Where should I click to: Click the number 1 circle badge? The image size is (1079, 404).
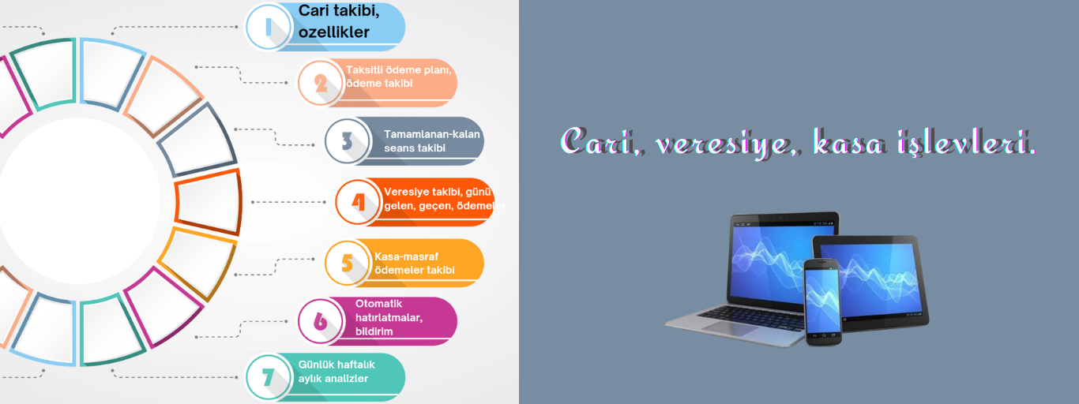tap(269, 27)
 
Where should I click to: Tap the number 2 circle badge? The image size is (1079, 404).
tap(321, 83)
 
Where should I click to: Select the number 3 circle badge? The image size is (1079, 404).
tap(348, 141)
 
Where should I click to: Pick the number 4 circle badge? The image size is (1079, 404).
tap(358, 202)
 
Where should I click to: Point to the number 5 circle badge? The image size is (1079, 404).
tap(348, 263)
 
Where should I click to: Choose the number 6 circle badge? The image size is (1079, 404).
tap(321, 321)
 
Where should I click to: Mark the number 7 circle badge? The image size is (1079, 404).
tap(269, 377)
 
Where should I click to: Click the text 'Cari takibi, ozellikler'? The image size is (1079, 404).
tap(339, 21)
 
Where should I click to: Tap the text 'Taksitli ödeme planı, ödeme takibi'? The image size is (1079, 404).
tap(398, 77)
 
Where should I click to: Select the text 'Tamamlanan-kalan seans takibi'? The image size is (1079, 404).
tap(432, 141)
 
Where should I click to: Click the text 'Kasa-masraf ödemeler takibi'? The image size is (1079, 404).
tap(414, 263)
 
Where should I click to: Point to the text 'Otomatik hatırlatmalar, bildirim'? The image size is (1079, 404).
tap(389, 317)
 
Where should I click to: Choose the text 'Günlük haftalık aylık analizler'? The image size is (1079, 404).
tap(336, 372)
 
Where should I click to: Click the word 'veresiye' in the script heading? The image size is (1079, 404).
tap(724, 143)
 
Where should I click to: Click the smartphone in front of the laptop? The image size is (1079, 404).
tap(823, 302)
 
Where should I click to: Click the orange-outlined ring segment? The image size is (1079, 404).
tap(208, 201)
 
